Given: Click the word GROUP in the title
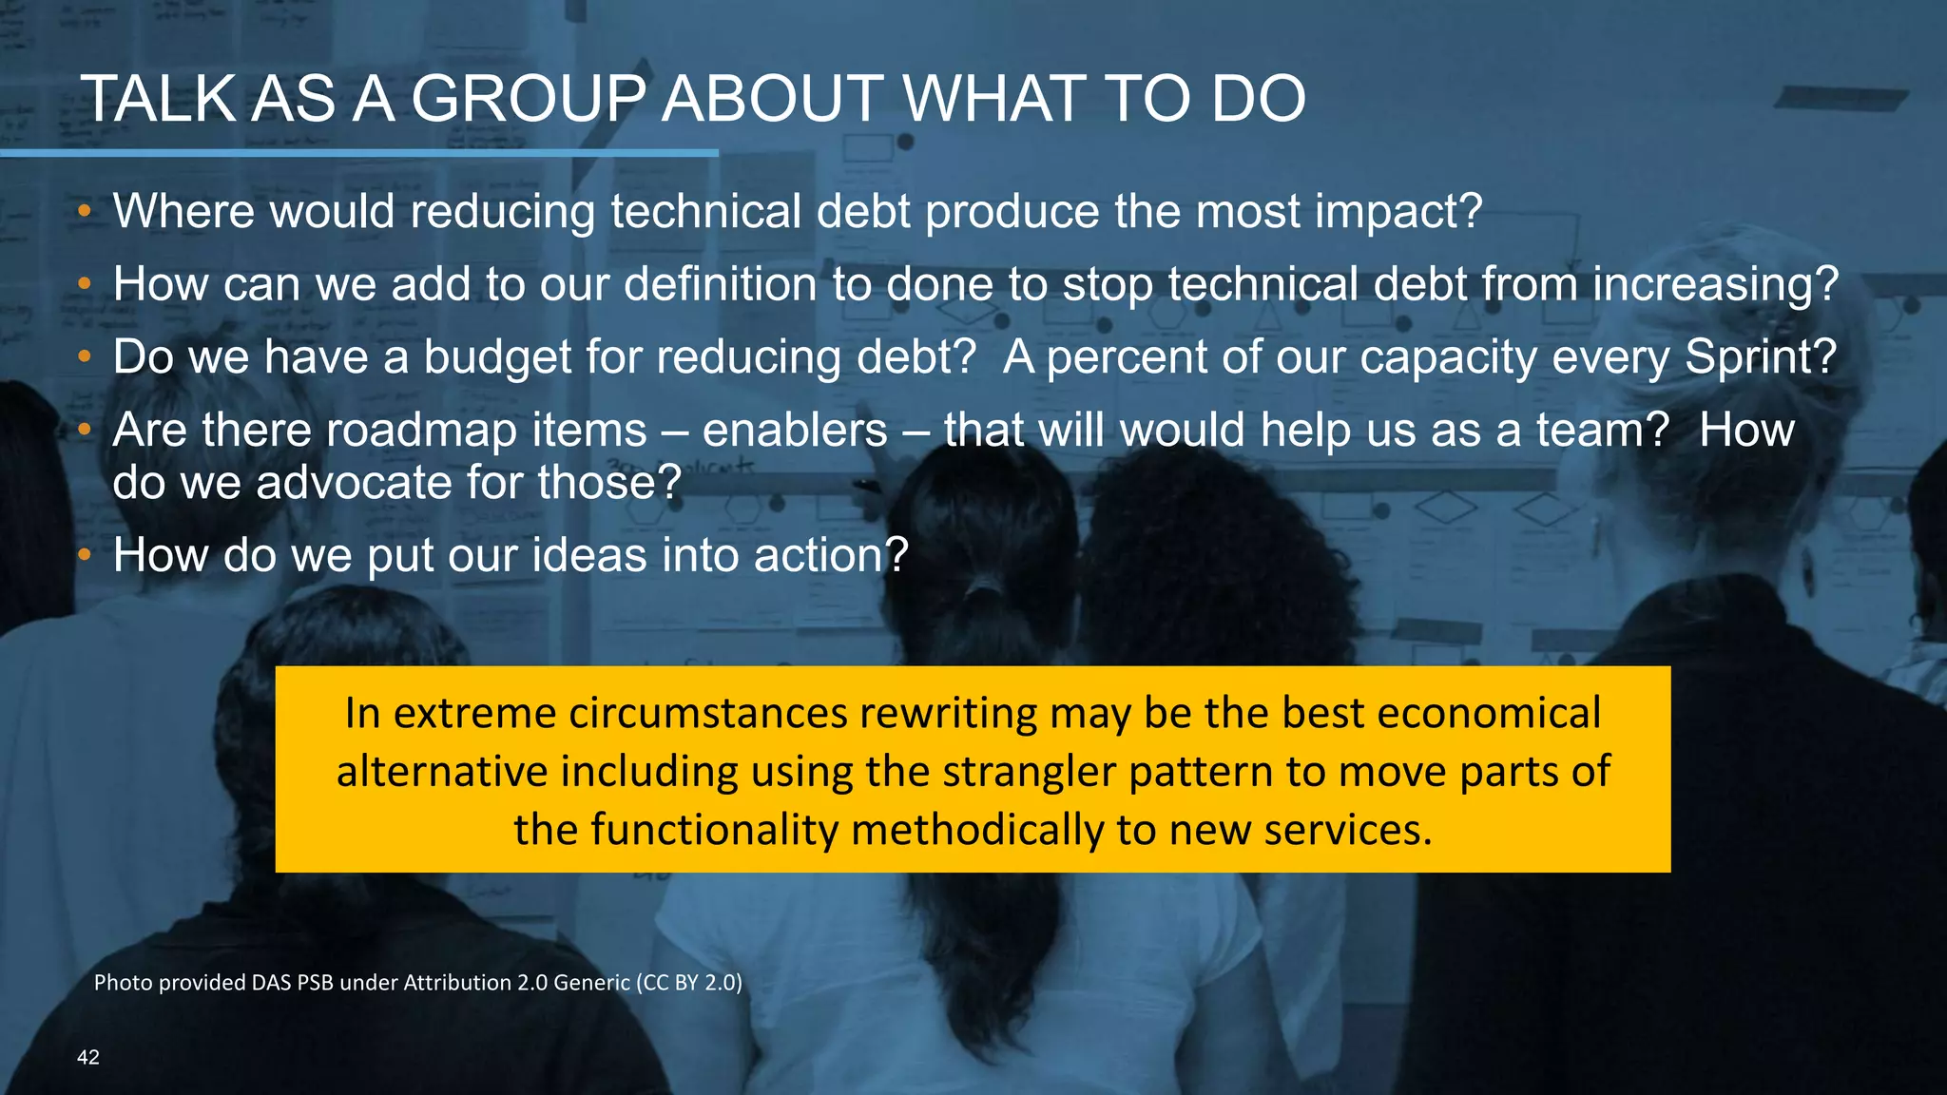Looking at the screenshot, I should [x=528, y=99].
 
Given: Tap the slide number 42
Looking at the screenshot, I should [x=87, y=1057].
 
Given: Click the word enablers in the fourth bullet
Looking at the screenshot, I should [x=794, y=430].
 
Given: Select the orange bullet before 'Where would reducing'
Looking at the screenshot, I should [x=85, y=210].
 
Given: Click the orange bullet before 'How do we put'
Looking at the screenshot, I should [x=85, y=554].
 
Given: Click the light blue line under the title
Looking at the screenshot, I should [x=358, y=152].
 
